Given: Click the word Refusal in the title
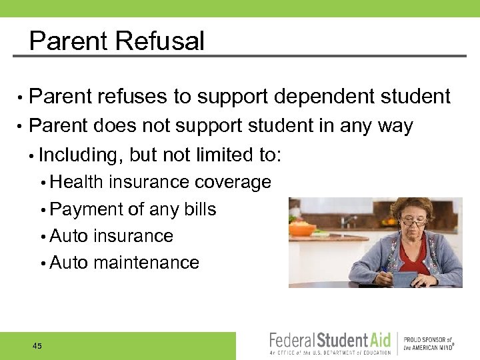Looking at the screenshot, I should [x=160, y=41].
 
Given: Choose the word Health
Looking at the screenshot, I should [x=77, y=182].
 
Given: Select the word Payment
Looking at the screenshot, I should [x=86, y=209].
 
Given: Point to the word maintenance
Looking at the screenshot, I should [x=147, y=263].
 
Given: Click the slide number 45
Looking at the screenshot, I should [x=37, y=346].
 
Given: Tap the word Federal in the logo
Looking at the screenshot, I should [x=293, y=341].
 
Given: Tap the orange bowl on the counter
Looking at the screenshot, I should [x=303, y=229].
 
